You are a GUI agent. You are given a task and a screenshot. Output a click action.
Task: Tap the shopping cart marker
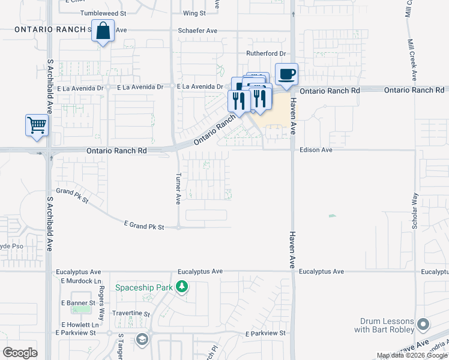(37, 126)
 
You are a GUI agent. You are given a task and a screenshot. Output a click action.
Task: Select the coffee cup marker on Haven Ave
(286, 74)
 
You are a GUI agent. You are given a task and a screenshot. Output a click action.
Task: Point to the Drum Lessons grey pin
(423, 325)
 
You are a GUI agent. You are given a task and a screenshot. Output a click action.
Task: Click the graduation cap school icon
(142, 340)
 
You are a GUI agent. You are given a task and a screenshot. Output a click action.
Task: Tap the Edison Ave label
(316, 149)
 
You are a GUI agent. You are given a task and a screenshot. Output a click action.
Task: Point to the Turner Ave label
(178, 189)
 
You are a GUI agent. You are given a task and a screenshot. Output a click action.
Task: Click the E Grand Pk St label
(144, 224)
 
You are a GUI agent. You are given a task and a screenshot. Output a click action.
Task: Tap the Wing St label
(194, 13)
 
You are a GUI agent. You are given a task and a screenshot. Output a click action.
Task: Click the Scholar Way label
(414, 208)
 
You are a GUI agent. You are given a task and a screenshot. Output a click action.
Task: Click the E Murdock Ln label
(79, 281)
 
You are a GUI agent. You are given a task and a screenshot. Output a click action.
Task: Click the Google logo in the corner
(20, 353)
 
